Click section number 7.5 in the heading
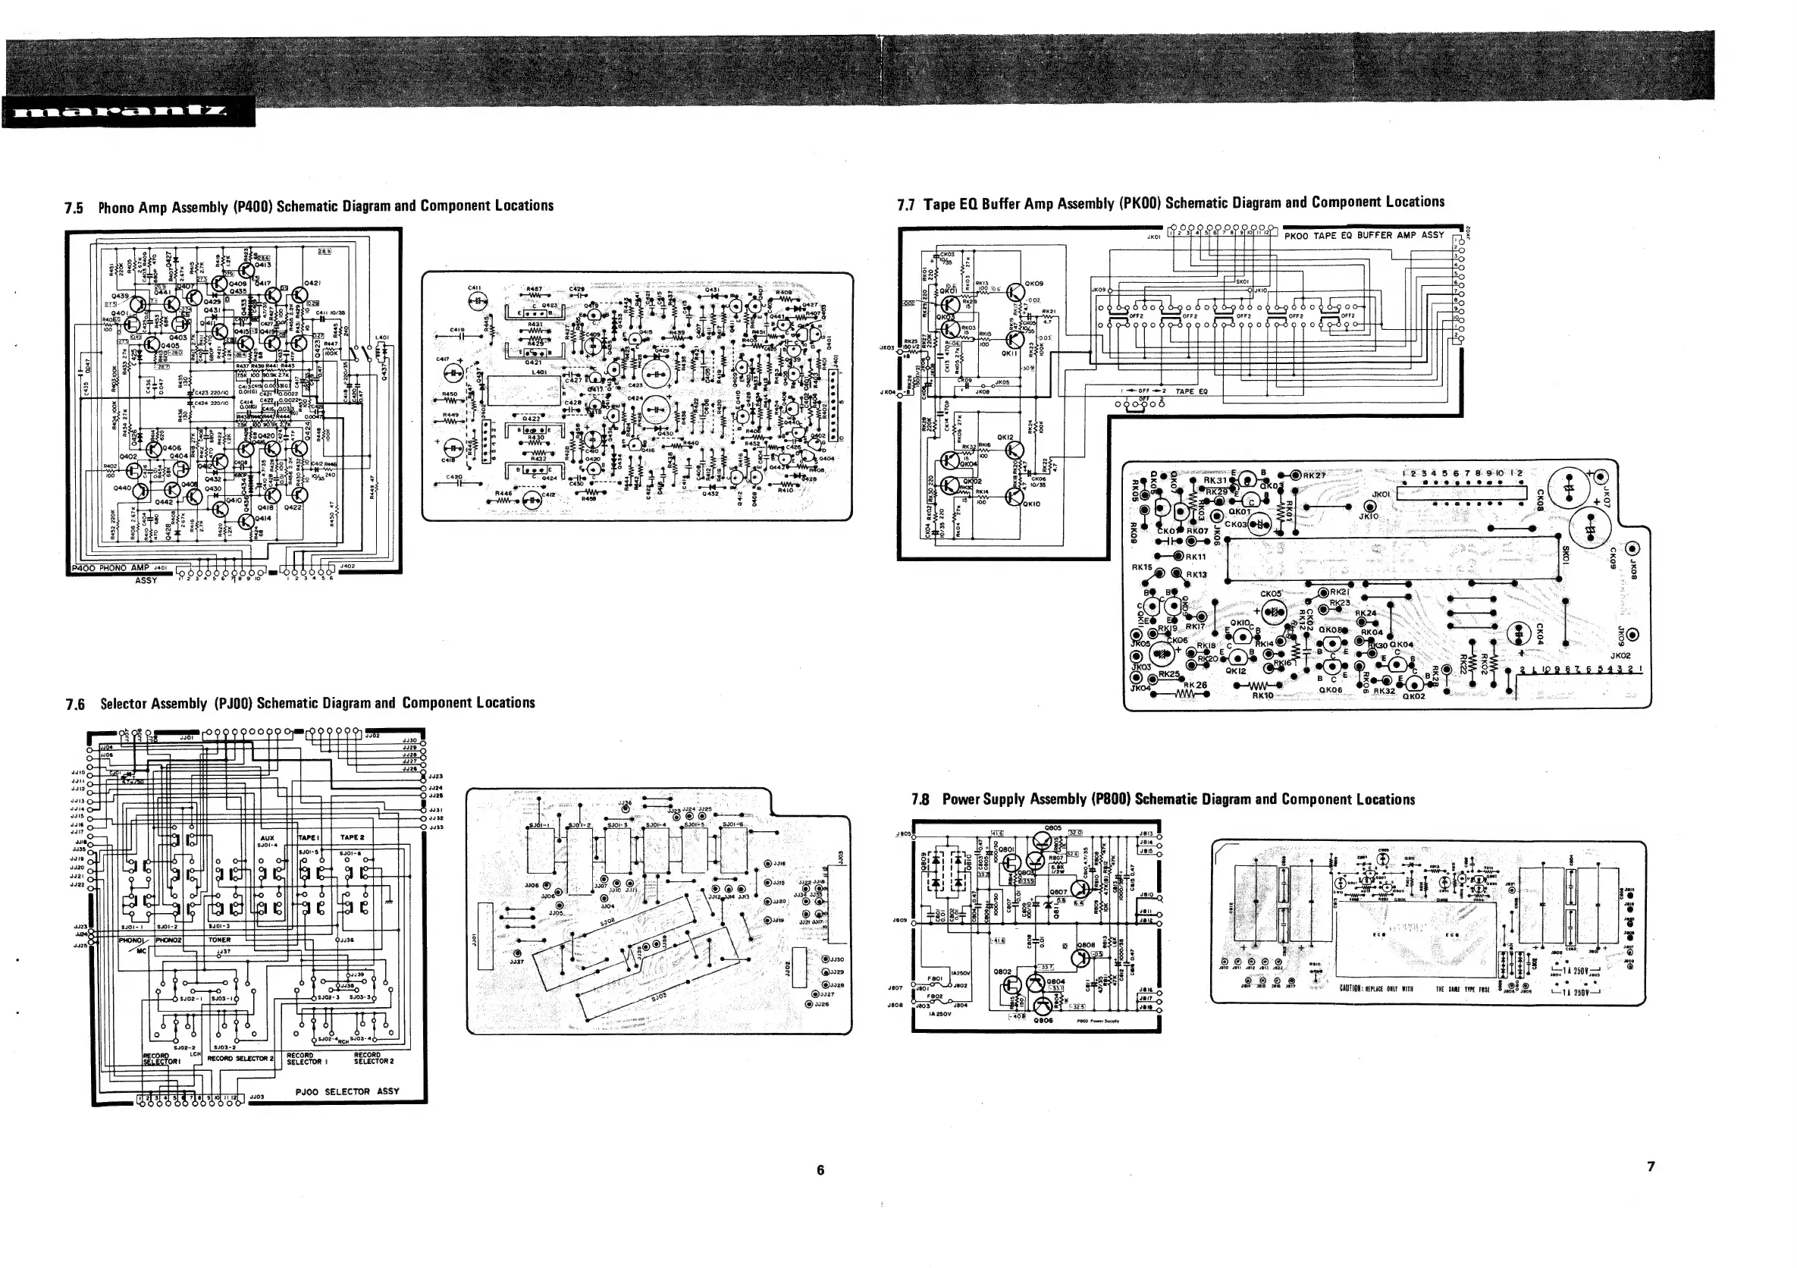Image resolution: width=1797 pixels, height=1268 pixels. (74, 209)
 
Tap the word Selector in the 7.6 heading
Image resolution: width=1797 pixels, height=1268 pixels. (124, 704)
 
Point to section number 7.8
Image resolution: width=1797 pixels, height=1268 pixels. (920, 800)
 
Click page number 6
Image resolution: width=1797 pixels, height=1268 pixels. (820, 1170)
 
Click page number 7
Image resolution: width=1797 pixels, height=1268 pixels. (1651, 1166)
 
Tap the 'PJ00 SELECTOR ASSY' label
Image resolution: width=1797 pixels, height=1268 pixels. (347, 1091)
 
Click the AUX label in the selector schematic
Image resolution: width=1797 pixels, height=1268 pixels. (267, 837)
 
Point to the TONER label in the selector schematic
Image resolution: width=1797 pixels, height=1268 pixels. (219, 940)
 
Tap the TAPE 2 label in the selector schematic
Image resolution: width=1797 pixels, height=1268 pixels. (353, 837)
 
